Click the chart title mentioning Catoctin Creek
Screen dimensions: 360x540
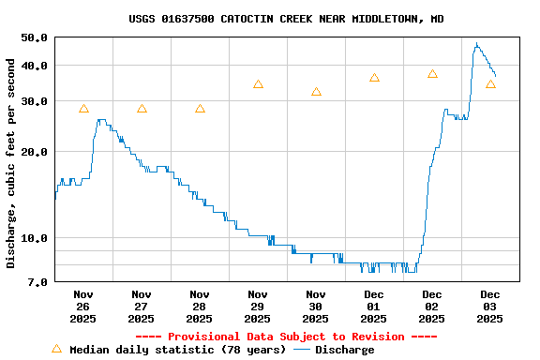[x=286, y=19]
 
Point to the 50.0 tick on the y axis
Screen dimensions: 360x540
[x=34, y=37]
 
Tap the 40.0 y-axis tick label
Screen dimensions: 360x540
[x=34, y=66]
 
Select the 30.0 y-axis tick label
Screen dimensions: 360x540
[x=34, y=101]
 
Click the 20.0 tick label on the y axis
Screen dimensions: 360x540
[x=34, y=152]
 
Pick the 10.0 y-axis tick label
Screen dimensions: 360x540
[x=34, y=238]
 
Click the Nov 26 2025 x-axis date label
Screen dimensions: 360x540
[x=83, y=306]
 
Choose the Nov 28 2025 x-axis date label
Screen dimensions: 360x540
[x=200, y=306]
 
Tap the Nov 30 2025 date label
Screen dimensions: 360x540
[x=316, y=306]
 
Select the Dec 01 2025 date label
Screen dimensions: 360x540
[x=374, y=306]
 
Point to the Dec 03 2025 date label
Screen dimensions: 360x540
[x=490, y=306]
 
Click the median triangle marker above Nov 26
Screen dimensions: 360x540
[x=83, y=109]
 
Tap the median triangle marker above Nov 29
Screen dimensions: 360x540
[x=258, y=84]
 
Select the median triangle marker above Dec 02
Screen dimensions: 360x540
[x=432, y=74]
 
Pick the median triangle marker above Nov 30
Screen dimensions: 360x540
[x=316, y=92]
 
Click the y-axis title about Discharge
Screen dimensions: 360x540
[x=11, y=163]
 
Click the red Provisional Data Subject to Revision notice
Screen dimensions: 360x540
[x=286, y=337]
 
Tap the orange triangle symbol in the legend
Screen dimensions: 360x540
[x=56, y=349]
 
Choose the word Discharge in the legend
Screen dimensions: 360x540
[x=344, y=350]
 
